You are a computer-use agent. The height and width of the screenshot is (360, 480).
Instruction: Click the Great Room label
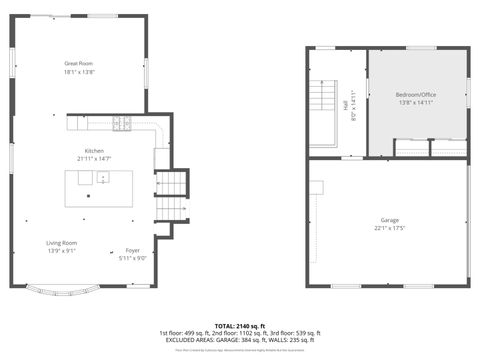pyautogui.click(x=78, y=63)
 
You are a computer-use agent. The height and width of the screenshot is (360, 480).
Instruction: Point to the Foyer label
pyautogui.click(x=132, y=250)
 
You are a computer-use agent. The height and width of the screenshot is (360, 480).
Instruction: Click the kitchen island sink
pyautogui.click(x=102, y=181)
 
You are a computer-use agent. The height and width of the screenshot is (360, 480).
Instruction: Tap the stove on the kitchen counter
pyautogui.click(x=122, y=125)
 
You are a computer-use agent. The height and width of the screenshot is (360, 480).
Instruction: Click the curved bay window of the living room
pyautogui.click(x=62, y=293)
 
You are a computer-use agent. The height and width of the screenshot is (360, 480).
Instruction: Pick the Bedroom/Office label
pyautogui.click(x=417, y=95)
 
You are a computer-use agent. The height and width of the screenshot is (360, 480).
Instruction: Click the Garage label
pyautogui.click(x=389, y=220)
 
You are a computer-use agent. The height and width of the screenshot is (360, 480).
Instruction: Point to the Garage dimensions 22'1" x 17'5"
pyautogui.click(x=389, y=228)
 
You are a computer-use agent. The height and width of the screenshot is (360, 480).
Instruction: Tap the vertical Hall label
pyautogui.click(x=346, y=104)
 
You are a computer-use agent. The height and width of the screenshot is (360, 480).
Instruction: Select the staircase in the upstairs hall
pyautogui.click(x=323, y=100)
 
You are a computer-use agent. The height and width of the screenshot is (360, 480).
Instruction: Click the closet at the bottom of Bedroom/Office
pyautogui.click(x=429, y=148)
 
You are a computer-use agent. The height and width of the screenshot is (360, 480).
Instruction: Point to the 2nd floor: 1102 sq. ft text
pyautogui.click(x=241, y=333)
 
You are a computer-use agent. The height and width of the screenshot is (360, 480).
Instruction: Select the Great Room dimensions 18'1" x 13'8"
pyautogui.click(x=78, y=72)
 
